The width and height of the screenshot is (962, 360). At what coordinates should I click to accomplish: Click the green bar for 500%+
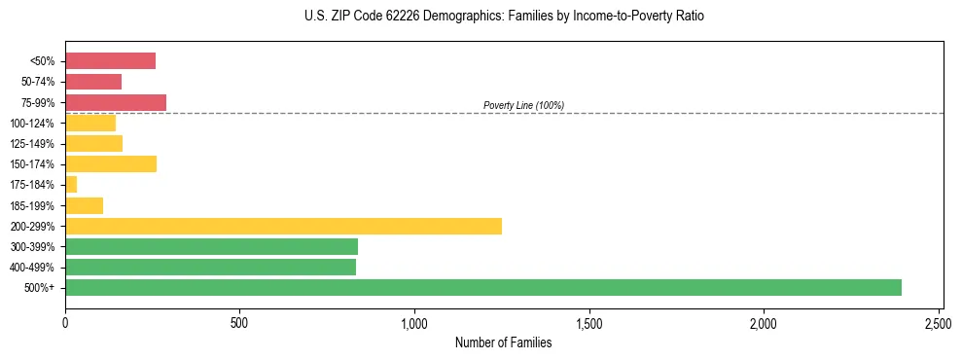coord(483,287)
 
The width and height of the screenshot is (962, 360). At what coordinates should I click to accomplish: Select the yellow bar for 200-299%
coord(283,226)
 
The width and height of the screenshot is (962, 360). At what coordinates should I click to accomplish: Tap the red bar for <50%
coord(110,61)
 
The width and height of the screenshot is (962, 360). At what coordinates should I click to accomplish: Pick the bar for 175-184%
coord(71,184)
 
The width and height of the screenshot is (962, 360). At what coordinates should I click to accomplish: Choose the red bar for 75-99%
coord(116,102)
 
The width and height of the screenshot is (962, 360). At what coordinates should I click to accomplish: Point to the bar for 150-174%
coord(111,163)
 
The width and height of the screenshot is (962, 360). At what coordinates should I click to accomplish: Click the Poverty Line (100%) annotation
coord(523,105)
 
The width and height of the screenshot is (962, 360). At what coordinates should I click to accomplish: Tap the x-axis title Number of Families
coord(502,342)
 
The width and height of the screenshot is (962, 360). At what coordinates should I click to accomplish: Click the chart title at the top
coord(502,17)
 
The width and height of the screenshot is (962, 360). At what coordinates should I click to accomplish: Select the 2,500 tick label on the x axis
coord(939,320)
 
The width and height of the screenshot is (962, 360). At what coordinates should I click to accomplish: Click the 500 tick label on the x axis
coord(239,320)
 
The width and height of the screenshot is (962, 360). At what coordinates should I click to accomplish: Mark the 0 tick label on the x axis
coord(65,320)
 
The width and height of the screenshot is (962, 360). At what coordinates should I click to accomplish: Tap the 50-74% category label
coord(39,82)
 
